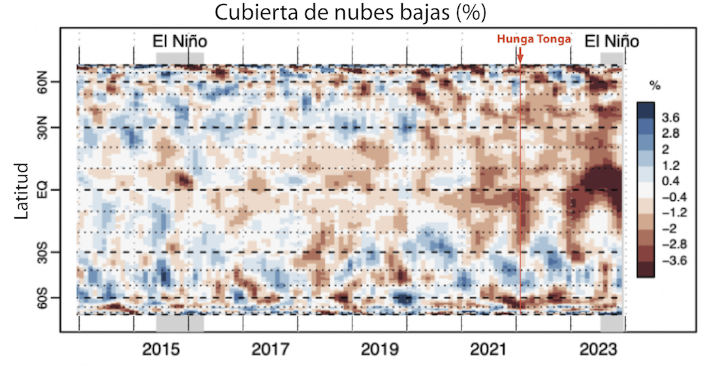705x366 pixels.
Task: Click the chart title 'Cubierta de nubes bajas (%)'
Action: pos(353,12)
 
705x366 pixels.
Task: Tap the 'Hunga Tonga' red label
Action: pos(534,40)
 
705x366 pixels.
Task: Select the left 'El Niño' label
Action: pos(180,42)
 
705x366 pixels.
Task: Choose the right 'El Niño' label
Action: pos(611,42)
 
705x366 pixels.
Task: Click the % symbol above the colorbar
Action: pos(655,85)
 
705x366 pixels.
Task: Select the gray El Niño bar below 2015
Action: pos(180,323)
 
